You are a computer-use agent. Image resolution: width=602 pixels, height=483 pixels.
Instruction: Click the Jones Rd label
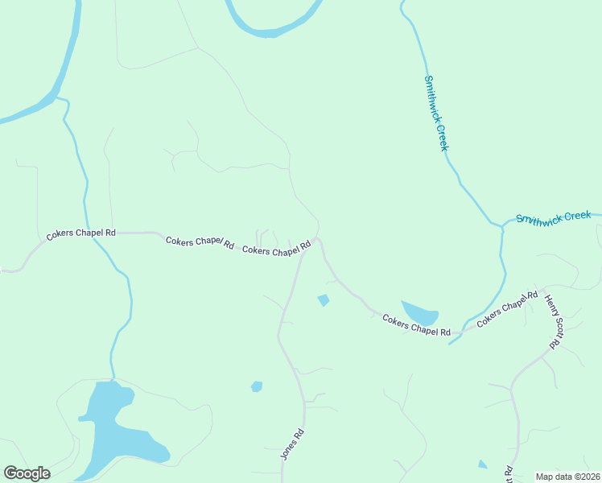292,444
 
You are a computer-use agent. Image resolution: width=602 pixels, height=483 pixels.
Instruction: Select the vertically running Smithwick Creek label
435,113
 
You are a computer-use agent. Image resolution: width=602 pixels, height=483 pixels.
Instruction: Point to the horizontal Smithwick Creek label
554,217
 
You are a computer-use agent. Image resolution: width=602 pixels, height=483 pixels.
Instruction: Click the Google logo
27,473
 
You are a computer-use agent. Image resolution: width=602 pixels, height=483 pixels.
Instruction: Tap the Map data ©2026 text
567,477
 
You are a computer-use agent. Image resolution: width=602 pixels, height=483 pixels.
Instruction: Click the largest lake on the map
113,423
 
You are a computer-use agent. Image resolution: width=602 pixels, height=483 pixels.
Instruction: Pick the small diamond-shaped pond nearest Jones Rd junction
324,300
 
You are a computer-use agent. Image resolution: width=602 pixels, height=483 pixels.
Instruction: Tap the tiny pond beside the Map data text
482,464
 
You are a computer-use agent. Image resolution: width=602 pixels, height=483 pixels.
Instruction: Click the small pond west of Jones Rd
257,386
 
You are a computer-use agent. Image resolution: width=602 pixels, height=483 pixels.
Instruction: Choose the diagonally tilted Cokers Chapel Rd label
506,309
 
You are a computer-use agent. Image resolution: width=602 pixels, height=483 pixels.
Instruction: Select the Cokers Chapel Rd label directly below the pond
416,327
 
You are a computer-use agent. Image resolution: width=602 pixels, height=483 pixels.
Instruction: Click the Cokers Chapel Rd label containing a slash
200,242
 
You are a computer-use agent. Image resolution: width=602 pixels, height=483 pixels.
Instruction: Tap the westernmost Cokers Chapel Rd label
80,233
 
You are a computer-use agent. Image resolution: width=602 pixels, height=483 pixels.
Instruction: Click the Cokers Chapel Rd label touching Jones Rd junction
277,250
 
